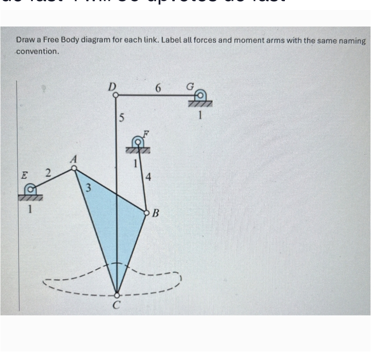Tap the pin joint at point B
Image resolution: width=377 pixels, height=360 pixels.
pyautogui.click(x=146, y=211)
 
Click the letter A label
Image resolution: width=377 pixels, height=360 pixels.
pyautogui.click(x=73, y=159)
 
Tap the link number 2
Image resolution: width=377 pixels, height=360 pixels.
pyautogui.click(x=49, y=172)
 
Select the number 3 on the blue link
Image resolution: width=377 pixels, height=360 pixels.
pyautogui.click(x=88, y=189)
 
